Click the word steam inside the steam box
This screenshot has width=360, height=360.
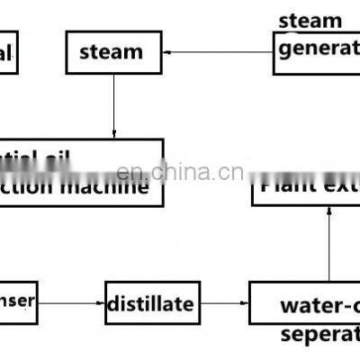112,52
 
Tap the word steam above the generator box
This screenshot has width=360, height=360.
310,20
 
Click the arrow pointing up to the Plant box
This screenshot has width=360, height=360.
328,243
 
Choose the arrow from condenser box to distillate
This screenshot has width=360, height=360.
72,303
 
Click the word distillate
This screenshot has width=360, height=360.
149,304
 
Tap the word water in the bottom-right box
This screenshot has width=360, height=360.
309,304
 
